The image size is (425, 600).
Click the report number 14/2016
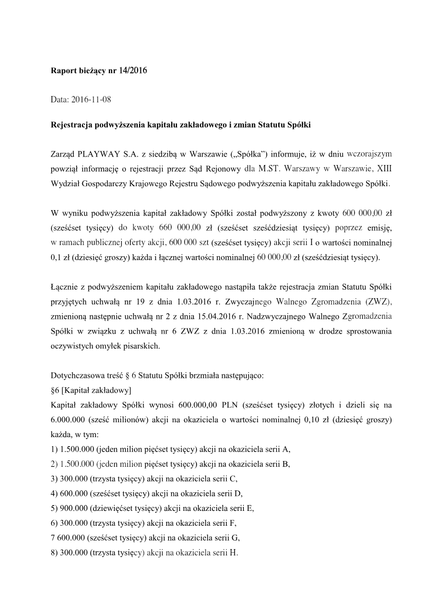[132, 70]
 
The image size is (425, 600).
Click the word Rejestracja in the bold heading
[72, 125]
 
